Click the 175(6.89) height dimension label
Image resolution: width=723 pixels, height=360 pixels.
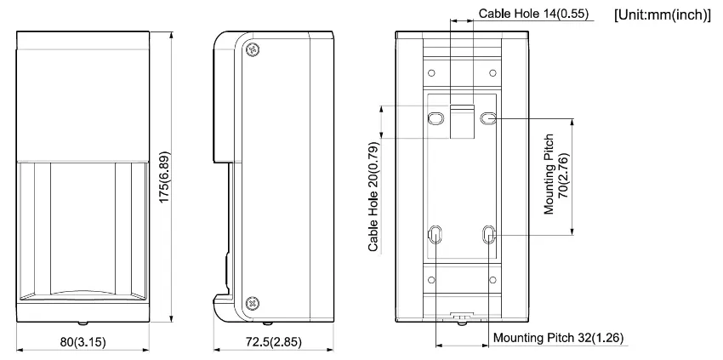165,176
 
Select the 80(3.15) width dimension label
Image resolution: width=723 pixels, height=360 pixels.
83,342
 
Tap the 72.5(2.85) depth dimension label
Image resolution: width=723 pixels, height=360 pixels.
273,342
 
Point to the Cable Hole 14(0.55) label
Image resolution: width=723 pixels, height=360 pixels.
533,14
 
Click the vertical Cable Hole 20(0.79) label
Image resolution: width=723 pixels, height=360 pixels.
373,196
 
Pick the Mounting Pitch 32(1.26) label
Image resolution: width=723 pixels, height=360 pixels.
558,338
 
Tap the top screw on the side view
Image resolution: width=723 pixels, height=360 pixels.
253,49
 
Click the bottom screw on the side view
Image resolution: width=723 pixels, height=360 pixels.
253,303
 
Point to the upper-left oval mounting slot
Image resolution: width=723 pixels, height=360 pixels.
435,119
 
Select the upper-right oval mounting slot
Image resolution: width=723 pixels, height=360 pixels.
487,119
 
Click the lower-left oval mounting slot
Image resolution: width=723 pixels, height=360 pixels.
435,235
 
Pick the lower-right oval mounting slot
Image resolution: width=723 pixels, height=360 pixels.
488,235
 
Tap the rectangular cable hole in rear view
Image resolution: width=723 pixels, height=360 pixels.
462,121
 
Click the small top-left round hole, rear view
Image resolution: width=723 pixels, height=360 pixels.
431,73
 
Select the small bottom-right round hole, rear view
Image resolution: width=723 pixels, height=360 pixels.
492,280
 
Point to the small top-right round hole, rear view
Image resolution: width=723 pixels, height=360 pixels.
492,73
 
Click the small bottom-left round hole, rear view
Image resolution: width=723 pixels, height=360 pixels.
431,280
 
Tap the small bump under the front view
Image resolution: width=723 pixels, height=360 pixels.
83,323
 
